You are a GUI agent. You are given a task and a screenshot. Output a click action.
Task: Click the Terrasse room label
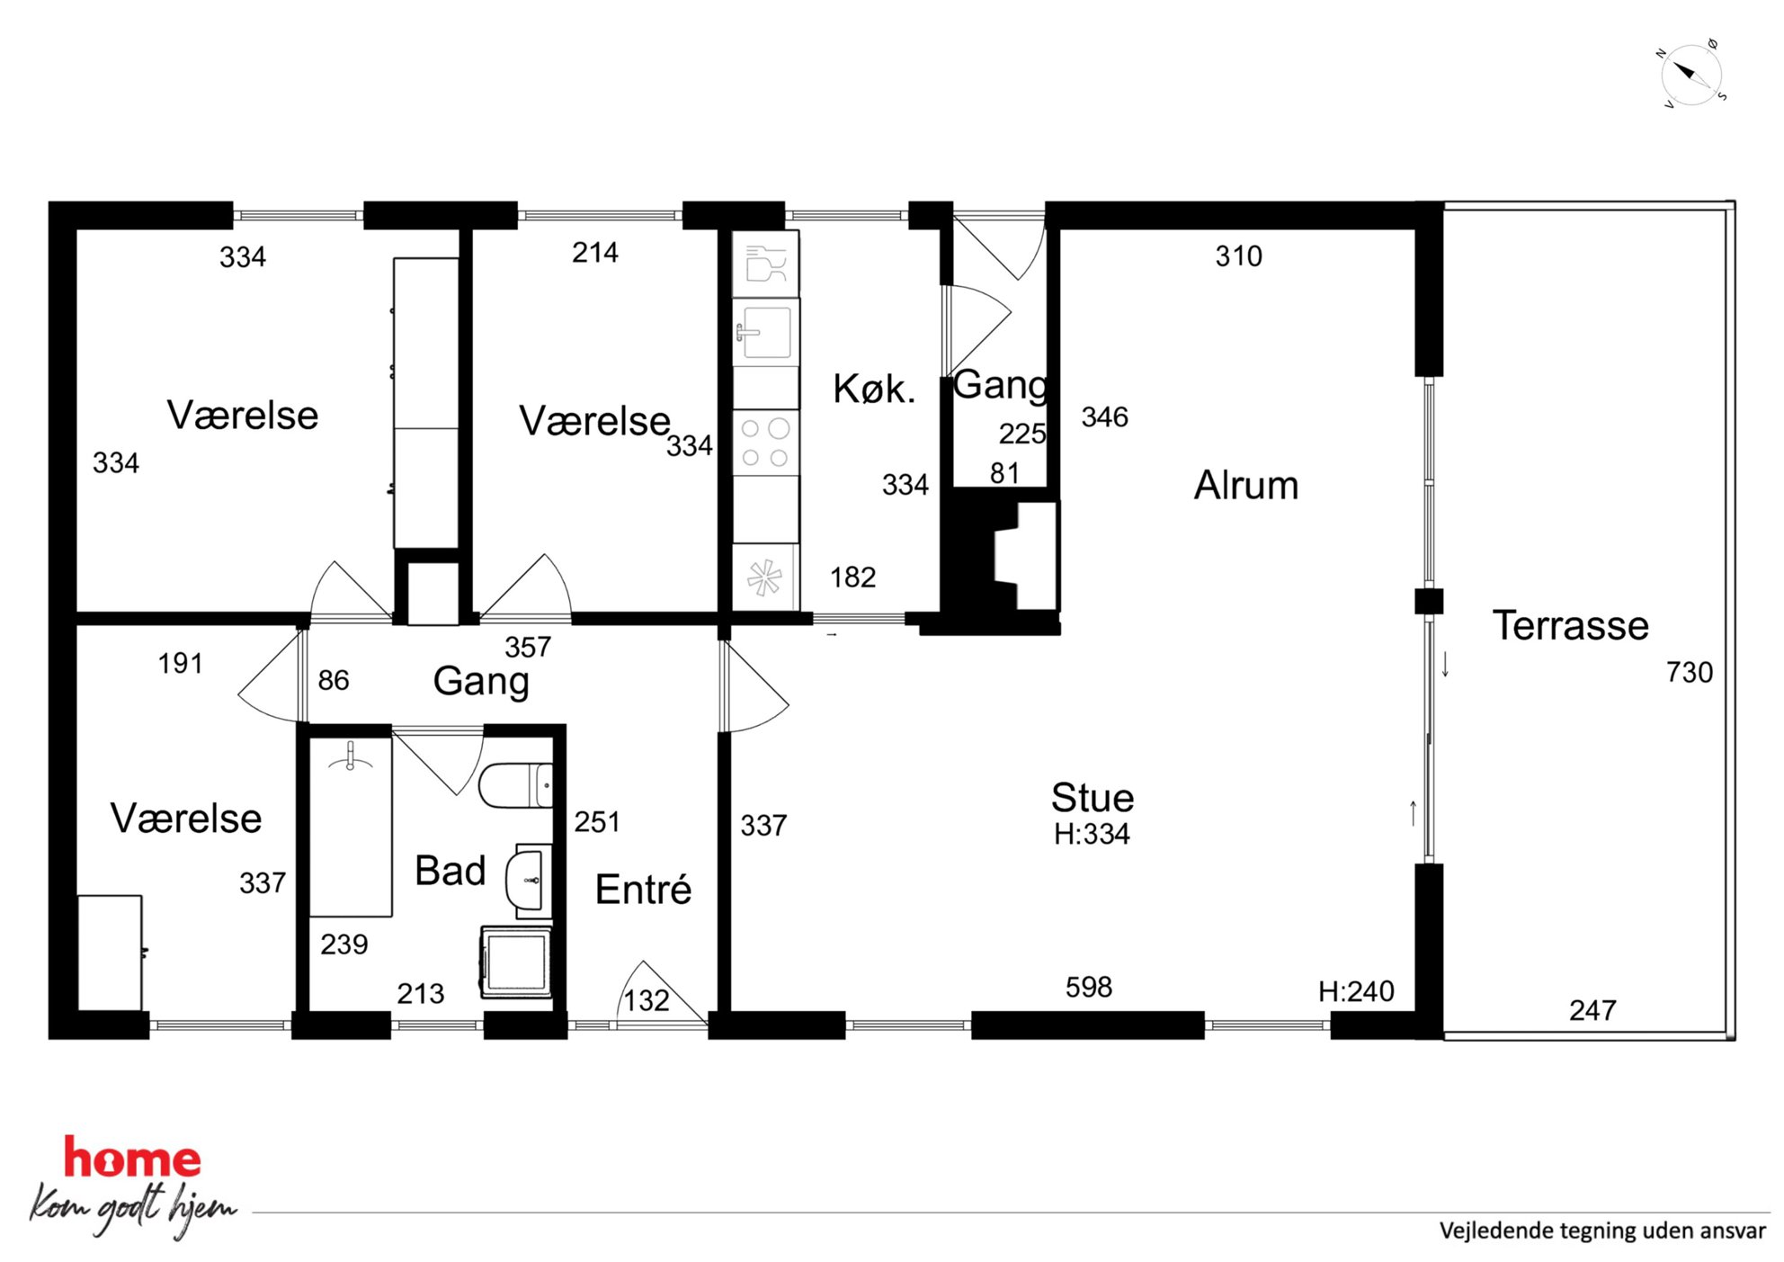pyautogui.click(x=1570, y=625)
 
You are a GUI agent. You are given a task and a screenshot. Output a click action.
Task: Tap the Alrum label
pyautogui.click(x=1246, y=486)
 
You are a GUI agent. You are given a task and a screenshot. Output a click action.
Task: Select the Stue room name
pyautogui.click(x=1093, y=798)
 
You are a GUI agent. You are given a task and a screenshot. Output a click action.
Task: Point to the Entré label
pyautogui.click(x=643, y=890)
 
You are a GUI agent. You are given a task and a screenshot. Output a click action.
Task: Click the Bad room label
pyautogui.click(x=450, y=871)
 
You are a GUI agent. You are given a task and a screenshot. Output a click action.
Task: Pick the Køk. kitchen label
pyautogui.click(x=874, y=389)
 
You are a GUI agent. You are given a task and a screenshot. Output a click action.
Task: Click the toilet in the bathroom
pyautogui.click(x=515, y=785)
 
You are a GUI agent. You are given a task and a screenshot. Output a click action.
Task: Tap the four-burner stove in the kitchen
pyautogui.click(x=765, y=443)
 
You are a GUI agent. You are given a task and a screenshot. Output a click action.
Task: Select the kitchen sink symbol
pyautogui.click(x=765, y=331)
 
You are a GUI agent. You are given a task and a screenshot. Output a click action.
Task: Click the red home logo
pyautogui.click(x=132, y=1159)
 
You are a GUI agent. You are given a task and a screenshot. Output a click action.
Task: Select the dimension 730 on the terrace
pyautogui.click(x=1689, y=672)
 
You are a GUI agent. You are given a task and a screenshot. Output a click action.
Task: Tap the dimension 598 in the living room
pyautogui.click(x=1088, y=987)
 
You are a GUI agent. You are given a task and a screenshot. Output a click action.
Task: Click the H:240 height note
pyautogui.click(x=1356, y=991)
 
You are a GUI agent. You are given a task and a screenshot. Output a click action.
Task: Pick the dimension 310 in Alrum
pyautogui.click(x=1238, y=256)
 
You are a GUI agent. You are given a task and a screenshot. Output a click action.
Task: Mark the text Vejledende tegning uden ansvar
pyautogui.click(x=1601, y=1231)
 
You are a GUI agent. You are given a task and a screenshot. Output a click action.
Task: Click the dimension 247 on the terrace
pyautogui.click(x=1592, y=1010)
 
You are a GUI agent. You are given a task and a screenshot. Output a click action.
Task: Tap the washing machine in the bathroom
pyautogui.click(x=516, y=962)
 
